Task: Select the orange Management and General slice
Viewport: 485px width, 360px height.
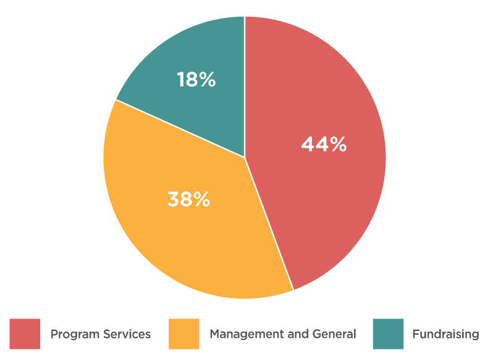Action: pyautogui.click(x=185, y=235)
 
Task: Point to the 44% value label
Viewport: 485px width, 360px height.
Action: pyautogui.click(x=324, y=144)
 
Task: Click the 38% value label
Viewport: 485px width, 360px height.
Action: pyautogui.click(x=188, y=199)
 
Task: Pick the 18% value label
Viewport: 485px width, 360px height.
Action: pyautogui.click(x=196, y=80)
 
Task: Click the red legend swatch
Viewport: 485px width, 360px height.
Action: pyautogui.click(x=25, y=334)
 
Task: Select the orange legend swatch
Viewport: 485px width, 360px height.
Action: pyautogui.click(x=184, y=334)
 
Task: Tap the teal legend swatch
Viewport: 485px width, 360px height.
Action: pyautogui.click(x=388, y=334)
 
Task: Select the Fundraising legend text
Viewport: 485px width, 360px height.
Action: pyautogui.click(x=445, y=334)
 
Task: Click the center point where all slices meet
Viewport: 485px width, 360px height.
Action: pyautogui.click(x=245, y=157)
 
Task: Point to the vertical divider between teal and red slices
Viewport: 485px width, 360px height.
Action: pyautogui.click(x=245, y=86)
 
